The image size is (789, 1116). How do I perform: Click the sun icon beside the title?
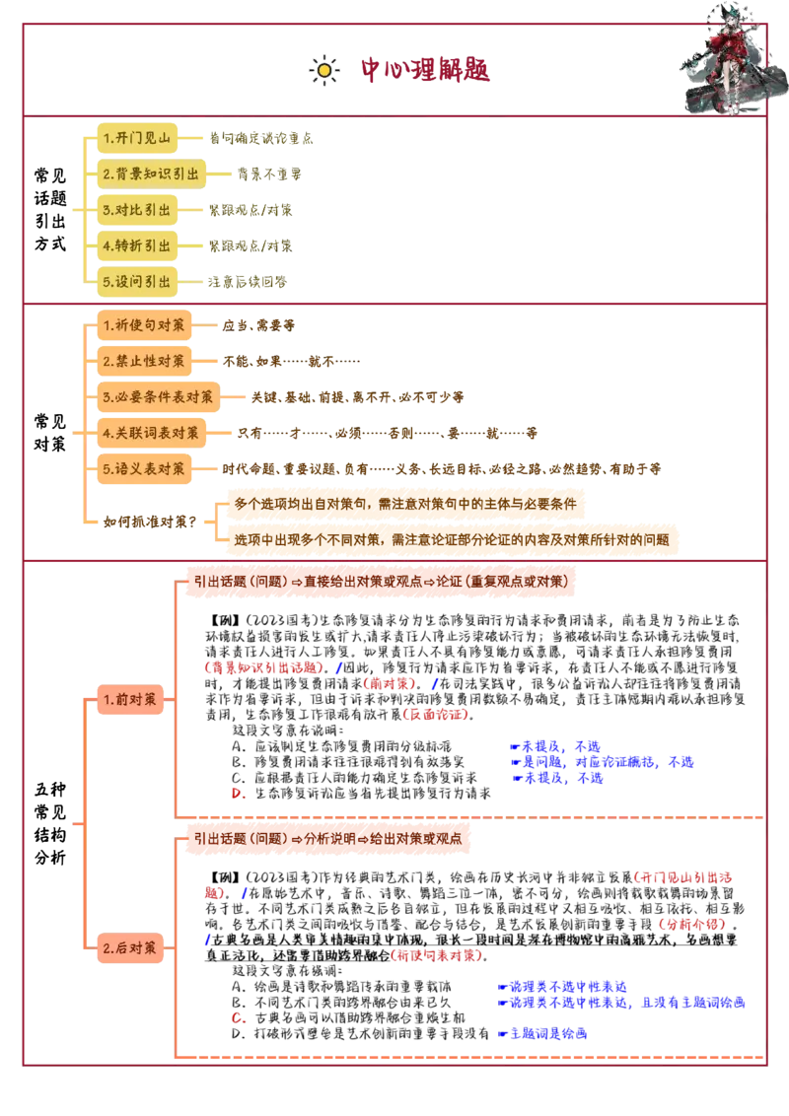323,70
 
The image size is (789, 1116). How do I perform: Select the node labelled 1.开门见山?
136,138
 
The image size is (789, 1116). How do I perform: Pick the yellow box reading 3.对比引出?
136,209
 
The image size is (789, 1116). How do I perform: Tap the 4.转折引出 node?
136,244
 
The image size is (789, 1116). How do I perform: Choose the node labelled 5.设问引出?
136,281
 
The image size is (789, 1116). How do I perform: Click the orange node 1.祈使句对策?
144,324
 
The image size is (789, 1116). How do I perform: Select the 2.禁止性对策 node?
144,361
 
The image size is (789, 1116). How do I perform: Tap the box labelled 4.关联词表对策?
151,433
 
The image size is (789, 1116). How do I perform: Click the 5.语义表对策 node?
144,469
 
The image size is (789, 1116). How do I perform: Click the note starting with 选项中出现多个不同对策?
452,539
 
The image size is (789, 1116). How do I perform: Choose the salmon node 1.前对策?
129,699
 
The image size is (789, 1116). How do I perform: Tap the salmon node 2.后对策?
129,948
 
